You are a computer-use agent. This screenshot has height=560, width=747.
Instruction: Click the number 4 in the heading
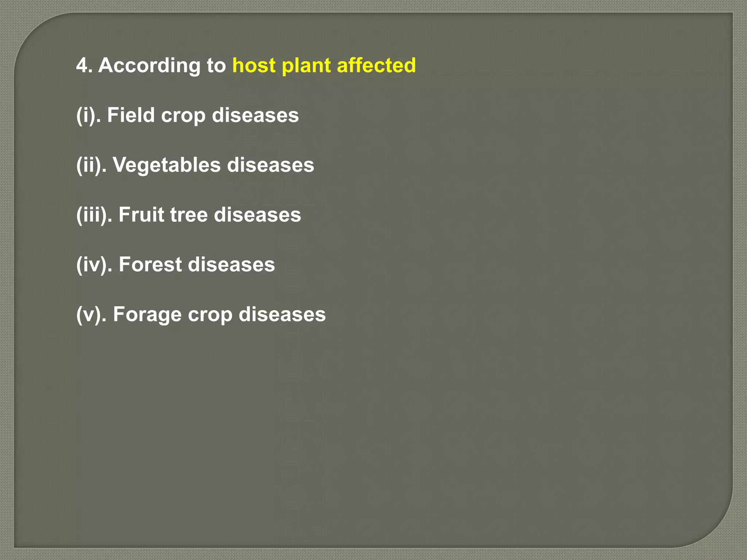click(82, 66)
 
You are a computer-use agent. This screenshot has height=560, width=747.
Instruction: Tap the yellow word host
click(254, 66)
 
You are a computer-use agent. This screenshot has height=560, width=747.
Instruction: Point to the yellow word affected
click(376, 66)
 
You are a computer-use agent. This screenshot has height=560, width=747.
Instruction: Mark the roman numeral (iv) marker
click(93, 265)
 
